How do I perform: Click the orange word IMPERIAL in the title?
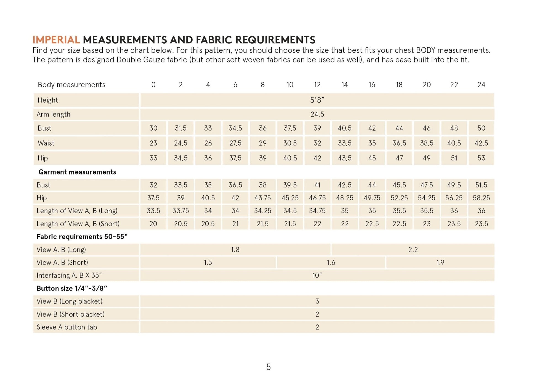[x=56, y=40]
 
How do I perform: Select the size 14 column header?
[x=344, y=85]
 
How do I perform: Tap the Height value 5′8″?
[x=317, y=100]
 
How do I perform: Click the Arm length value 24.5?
[x=317, y=114]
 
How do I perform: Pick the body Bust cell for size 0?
[x=153, y=128]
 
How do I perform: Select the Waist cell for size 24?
[x=481, y=143]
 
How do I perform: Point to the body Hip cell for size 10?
[x=290, y=158]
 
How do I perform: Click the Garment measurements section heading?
[x=77, y=172]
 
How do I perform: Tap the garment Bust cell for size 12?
[x=317, y=185]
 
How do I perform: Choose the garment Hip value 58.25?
[x=481, y=198]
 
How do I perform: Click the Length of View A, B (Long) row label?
[x=77, y=211]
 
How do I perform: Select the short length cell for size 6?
[x=235, y=224]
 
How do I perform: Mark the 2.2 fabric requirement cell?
[x=413, y=250]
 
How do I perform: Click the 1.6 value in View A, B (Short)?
[x=331, y=263]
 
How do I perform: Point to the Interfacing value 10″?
[x=317, y=276]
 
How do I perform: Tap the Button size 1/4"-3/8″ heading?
[x=72, y=289]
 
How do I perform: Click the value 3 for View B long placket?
[x=317, y=301]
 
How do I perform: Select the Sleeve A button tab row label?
[x=67, y=327]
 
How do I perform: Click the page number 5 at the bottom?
[x=268, y=367]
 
